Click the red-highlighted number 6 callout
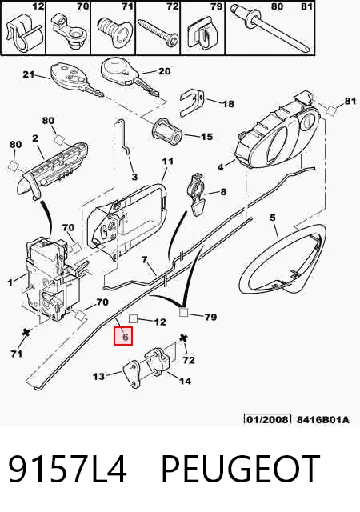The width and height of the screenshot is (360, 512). point(123,336)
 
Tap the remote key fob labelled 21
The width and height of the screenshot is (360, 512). point(77,80)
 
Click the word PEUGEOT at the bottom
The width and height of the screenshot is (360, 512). point(240,468)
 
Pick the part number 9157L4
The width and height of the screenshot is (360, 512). point(67,468)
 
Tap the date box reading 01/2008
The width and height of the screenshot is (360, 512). point(267,419)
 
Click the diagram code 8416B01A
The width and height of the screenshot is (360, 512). point(322,419)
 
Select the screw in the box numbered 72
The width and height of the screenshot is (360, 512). point(158,34)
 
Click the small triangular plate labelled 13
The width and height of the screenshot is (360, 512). point(133,374)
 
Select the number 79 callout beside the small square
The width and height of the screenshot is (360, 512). point(210,317)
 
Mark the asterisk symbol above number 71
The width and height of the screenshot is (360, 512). point(25,333)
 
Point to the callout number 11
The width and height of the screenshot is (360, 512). point(167,162)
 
